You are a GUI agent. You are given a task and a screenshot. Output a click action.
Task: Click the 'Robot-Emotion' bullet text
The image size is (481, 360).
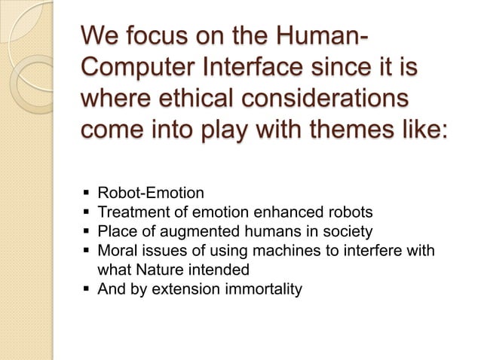(x=146, y=194)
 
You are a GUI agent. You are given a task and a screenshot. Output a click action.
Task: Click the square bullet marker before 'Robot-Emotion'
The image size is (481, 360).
(x=84, y=194)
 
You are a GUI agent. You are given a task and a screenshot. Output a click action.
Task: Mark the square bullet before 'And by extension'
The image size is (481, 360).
(x=84, y=288)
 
